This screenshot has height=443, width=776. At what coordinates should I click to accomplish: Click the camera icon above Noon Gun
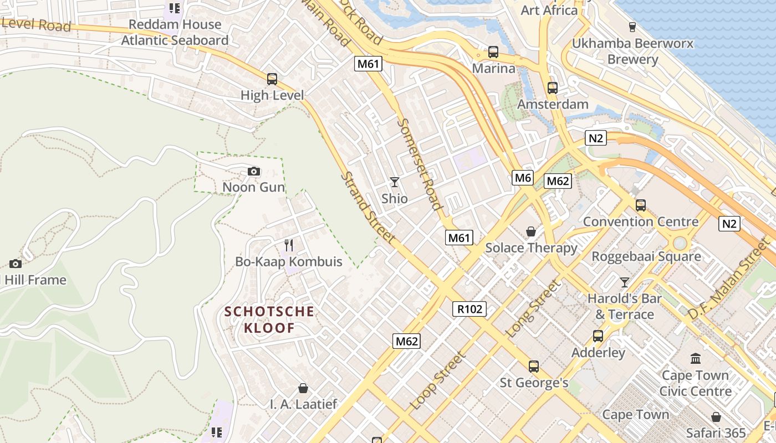tap(254, 172)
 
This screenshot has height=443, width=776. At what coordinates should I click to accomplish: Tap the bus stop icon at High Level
tap(272, 79)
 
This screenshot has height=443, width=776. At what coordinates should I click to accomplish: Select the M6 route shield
tap(523, 178)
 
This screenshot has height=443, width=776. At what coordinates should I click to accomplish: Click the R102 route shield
tap(469, 309)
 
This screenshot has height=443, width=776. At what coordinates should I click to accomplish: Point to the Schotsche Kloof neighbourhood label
tap(269, 320)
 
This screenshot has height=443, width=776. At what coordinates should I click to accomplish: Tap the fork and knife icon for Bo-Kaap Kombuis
tap(288, 245)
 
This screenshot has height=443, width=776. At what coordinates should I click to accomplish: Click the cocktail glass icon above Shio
tap(395, 182)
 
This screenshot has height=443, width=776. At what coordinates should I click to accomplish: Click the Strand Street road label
tap(368, 208)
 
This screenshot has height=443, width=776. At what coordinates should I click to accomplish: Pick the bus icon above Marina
tap(493, 53)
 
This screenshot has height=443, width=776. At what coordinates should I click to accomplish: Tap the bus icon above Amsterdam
tap(553, 88)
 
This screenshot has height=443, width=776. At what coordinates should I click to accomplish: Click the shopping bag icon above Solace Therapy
tap(531, 231)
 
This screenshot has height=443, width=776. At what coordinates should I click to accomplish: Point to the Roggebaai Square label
tap(646, 257)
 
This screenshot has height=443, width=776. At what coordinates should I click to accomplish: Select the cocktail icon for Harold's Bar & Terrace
tap(625, 282)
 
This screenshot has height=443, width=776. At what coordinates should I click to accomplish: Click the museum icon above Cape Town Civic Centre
tap(696, 359)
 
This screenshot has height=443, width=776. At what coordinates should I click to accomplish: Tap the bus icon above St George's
tap(534, 367)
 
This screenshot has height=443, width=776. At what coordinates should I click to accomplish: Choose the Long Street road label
tap(534, 309)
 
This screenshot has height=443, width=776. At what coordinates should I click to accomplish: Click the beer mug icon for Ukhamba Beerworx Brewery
tap(632, 27)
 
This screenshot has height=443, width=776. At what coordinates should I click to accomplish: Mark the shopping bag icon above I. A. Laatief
tap(303, 388)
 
